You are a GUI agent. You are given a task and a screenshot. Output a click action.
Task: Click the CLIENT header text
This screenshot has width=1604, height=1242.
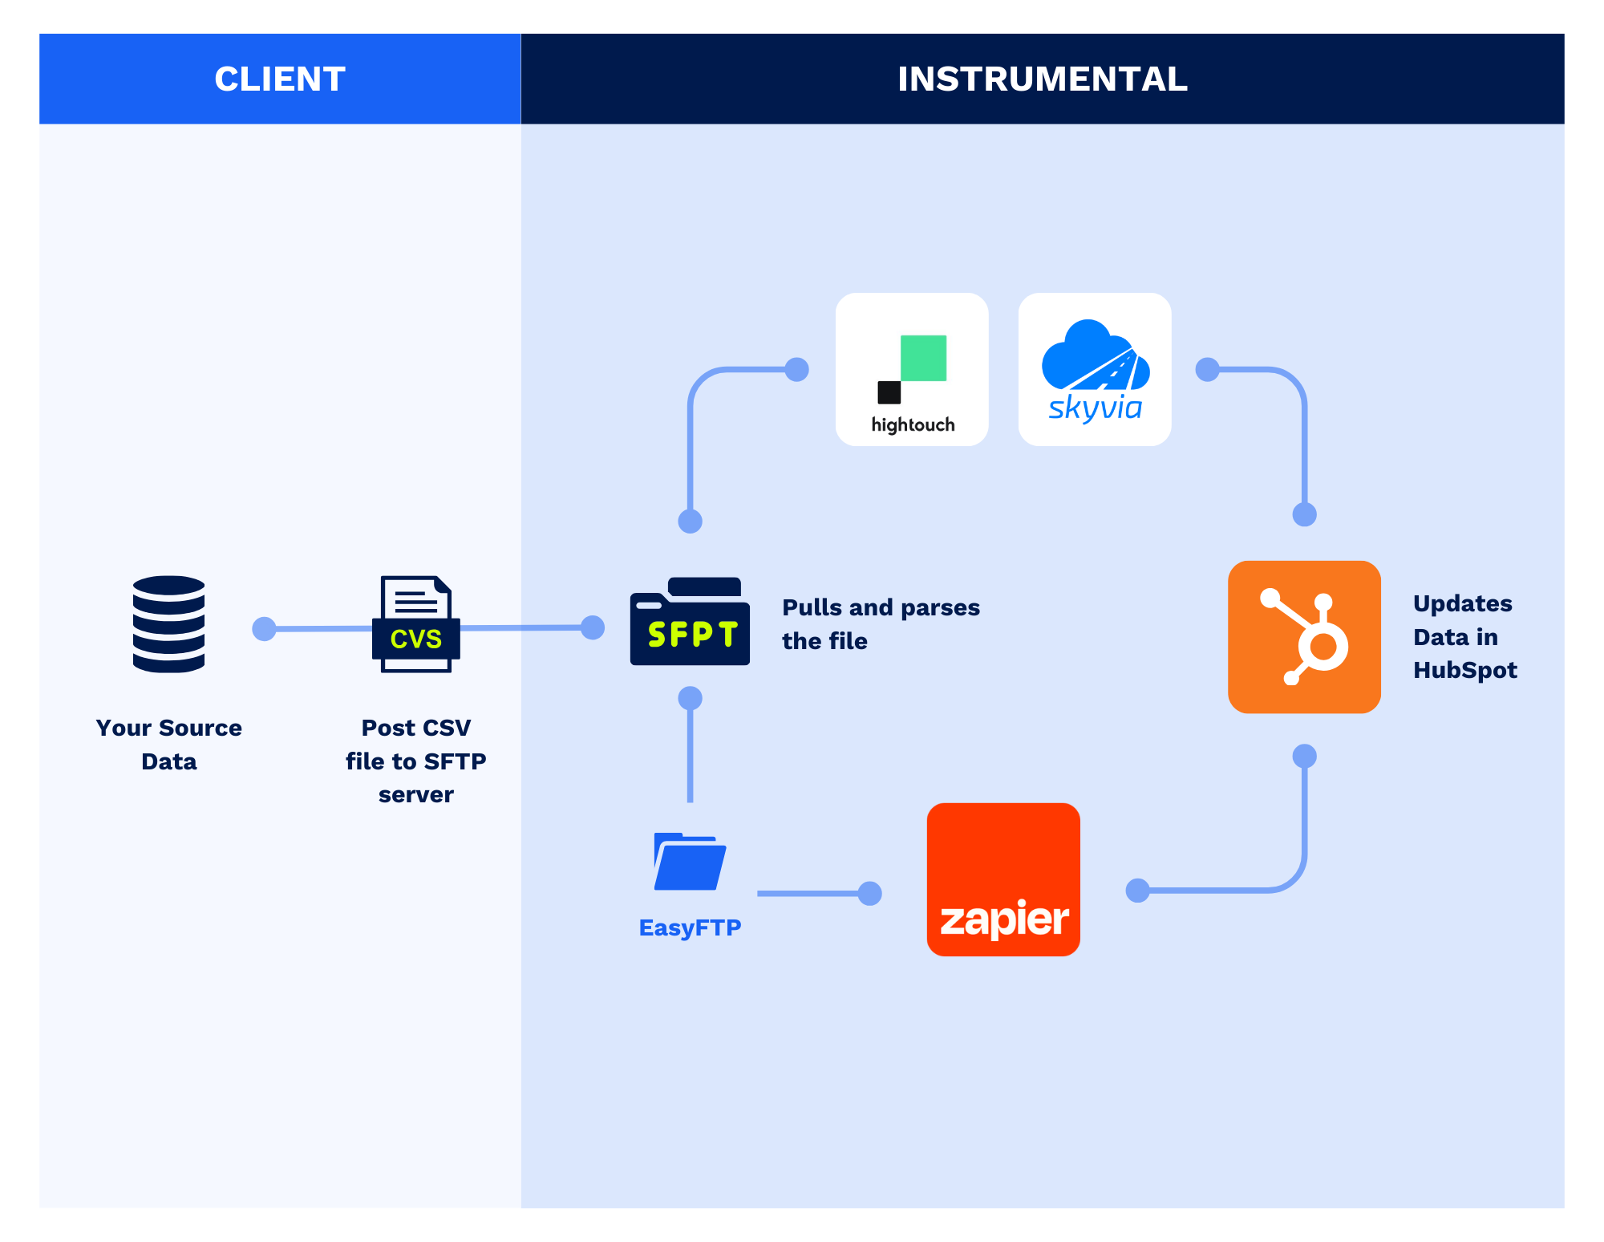(x=279, y=79)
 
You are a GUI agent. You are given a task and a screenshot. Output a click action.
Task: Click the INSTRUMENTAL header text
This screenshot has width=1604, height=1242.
(x=1042, y=79)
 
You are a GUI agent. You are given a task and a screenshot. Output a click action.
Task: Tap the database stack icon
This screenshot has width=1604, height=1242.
(x=168, y=623)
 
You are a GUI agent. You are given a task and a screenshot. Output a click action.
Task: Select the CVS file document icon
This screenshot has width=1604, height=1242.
(x=415, y=624)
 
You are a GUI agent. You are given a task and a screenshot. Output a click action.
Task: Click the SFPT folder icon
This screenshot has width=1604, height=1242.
(x=690, y=622)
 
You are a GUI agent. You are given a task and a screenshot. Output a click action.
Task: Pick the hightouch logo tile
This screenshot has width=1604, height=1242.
(x=912, y=369)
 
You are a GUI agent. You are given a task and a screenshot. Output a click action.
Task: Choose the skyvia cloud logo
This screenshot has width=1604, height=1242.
(x=1095, y=369)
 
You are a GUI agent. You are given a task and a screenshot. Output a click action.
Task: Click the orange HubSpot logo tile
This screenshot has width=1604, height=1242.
(x=1304, y=637)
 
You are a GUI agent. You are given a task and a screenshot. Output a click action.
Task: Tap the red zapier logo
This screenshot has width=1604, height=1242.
(x=1003, y=879)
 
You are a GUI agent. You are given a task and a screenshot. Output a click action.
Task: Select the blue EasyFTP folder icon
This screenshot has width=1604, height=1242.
(x=690, y=862)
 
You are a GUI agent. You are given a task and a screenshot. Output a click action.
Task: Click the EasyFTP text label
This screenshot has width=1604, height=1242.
(x=690, y=927)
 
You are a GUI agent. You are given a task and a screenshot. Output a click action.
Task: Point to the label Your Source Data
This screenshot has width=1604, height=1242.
(x=168, y=744)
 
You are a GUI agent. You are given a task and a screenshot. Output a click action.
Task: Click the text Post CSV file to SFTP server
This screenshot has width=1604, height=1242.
(x=415, y=761)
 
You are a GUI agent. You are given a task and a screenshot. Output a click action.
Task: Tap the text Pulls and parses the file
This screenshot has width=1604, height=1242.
(x=880, y=623)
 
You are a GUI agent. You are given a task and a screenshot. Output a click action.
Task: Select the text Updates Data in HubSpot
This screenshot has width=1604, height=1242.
(x=1464, y=636)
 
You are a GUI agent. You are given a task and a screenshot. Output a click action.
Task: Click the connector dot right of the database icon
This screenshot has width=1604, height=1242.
(x=264, y=629)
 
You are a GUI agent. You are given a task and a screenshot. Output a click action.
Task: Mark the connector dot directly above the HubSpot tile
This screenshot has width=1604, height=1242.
(x=1305, y=514)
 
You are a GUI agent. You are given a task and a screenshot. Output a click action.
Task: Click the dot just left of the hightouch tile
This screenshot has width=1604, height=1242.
(x=796, y=369)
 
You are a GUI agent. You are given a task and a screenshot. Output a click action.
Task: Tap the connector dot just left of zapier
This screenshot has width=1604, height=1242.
(x=869, y=893)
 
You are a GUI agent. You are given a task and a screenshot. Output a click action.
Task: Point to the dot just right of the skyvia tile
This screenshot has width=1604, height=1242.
(x=1207, y=369)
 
